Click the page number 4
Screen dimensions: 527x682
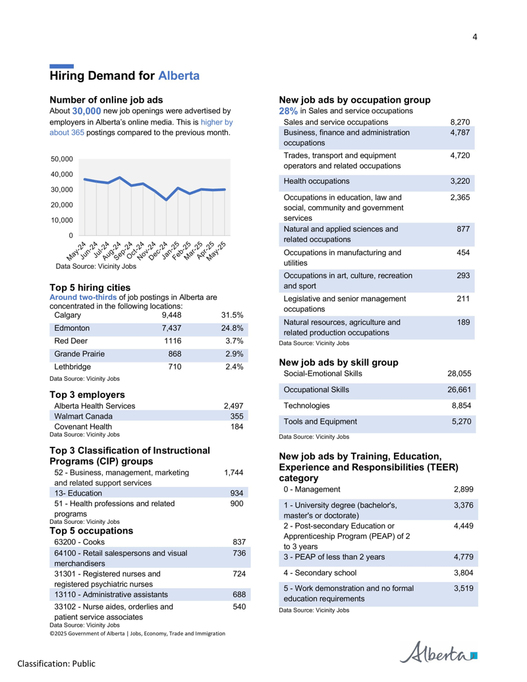[475, 37]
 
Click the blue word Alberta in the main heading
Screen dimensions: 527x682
[179, 76]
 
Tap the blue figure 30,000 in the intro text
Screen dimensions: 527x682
[86, 111]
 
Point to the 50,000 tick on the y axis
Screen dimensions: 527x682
[62, 159]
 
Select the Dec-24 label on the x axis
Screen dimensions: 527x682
[158, 251]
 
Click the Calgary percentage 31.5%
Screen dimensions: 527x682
[232, 316]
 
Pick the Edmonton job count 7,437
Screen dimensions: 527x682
[171, 328]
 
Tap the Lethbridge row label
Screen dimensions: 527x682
[72, 367]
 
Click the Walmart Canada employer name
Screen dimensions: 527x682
[83, 416]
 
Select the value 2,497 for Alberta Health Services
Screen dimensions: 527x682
[233, 407]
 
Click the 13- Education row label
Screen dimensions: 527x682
[78, 494]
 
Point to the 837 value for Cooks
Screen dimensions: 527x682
[239, 542]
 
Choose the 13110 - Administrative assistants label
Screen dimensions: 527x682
[111, 594]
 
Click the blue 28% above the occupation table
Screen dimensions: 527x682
[289, 111]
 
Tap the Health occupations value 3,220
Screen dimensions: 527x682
[460, 181]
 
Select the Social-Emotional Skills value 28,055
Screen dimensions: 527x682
[459, 374]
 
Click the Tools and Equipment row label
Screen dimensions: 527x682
[320, 422]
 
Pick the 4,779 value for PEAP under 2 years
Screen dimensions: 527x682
[464, 557]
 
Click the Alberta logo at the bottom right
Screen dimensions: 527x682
[438, 652]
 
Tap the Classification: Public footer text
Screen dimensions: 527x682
[57, 664]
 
